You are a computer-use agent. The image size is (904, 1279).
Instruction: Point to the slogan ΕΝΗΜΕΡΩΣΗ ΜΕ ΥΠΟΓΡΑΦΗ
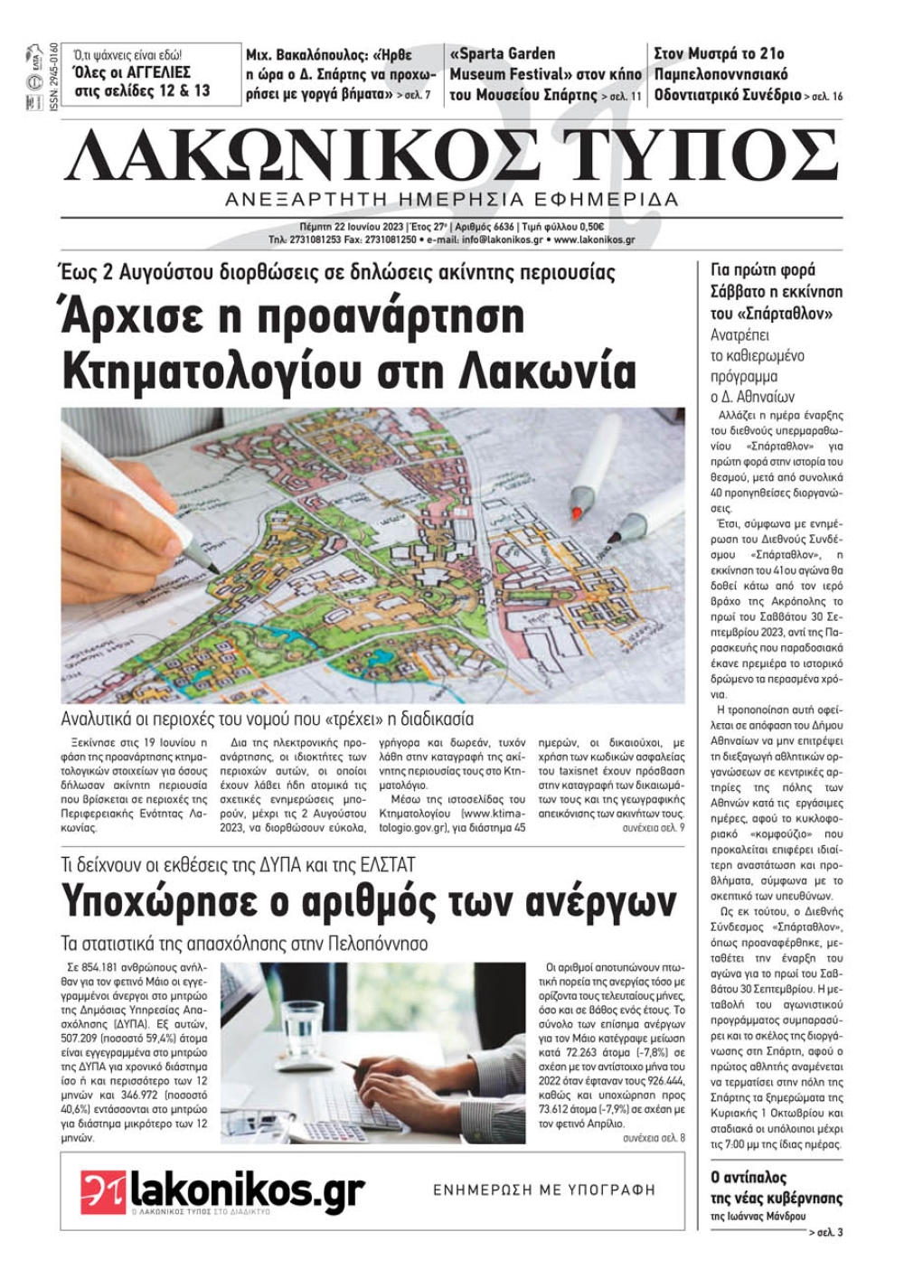coord(544,1190)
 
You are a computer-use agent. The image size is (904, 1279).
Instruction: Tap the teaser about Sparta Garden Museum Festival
coord(545,74)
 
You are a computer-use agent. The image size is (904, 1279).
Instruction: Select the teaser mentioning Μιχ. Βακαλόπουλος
coord(341,74)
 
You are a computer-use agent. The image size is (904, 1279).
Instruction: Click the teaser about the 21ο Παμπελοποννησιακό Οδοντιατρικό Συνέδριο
coord(747,74)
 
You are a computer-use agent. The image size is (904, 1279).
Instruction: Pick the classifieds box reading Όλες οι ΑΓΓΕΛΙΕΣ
coord(142,74)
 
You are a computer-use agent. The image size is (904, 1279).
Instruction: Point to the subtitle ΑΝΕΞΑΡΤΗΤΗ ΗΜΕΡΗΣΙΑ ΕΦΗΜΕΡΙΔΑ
coord(452,199)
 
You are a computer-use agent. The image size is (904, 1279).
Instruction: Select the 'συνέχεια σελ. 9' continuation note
coord(653,828)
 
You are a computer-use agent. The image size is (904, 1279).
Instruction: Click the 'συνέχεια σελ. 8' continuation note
coord(653,1138)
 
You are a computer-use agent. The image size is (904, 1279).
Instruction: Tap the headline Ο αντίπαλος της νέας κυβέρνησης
coord(776,1188)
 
